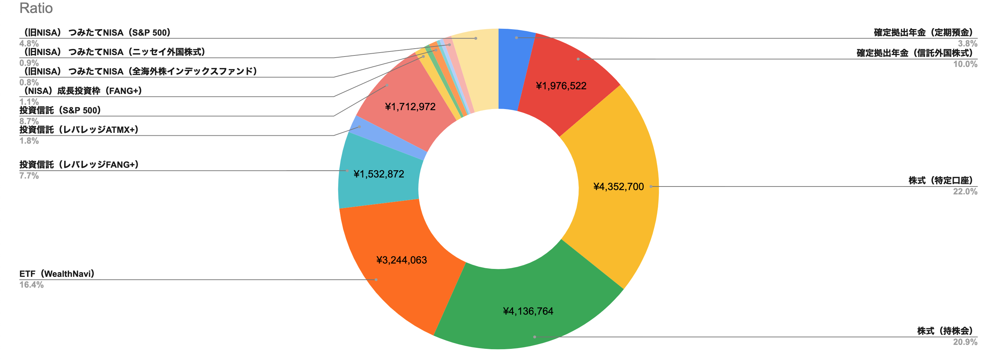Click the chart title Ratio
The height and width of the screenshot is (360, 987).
pyautogui.click(x=36, y=8)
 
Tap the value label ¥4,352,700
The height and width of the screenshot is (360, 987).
pyautogui.click(x=618, y=187)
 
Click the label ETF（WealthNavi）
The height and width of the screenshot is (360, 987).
pyautogui.click(x=57, y=274)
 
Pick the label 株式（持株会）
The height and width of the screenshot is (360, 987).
pyautogui.click(x=945, y=331)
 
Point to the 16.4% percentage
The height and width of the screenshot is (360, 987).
pyautogui.click(x=31, y=285)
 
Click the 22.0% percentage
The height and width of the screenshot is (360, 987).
pyautogui.click(x=965, y=192)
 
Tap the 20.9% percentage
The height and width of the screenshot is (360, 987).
pyautogui.click(x=965, y=342)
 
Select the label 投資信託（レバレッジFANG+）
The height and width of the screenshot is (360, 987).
pyautogui.click(x=79, y=165)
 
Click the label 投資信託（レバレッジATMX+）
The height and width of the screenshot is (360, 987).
pyautogui.click(x=79, y=130)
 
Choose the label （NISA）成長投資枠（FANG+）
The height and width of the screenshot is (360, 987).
pyautogui.click(x=81, y=91)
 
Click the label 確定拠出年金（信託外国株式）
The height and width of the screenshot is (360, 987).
pyautogui.click(x=915, y=53)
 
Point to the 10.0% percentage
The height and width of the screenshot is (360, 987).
pyautogui.click(x=965, y=64)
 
